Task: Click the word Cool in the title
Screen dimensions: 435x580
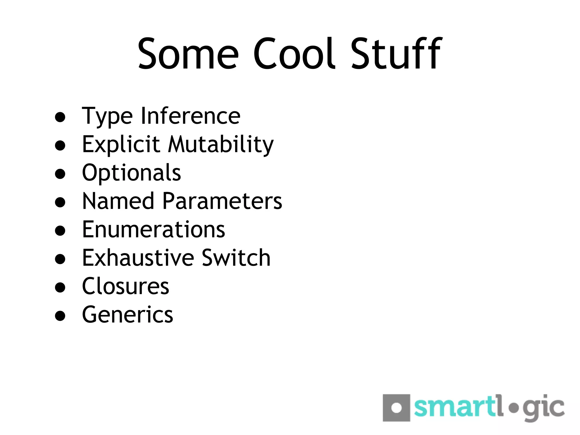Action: [x=294, y=54]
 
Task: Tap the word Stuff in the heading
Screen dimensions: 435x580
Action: [x=396, y=54]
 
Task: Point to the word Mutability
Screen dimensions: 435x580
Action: [x=221, y=144]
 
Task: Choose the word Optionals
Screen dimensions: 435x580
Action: [x=131, y=173]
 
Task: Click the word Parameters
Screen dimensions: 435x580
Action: [x=222, y=201]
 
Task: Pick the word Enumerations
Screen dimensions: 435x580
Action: [x=153, y=229]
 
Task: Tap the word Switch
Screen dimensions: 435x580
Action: [x=236, y=258]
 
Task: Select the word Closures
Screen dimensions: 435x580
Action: [x=125, y=286]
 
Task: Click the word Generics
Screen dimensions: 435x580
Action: [x=127, y=315]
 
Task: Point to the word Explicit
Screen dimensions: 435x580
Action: [x=121, y=144]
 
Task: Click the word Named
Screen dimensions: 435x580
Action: [x=118, y=201]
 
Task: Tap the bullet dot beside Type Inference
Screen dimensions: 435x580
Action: [x=60, y=117]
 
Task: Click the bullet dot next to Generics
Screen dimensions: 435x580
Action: [x=60, y=315]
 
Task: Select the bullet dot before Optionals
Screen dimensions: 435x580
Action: [x=60, y=174]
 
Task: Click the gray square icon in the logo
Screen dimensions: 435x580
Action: [x=396, y=408]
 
